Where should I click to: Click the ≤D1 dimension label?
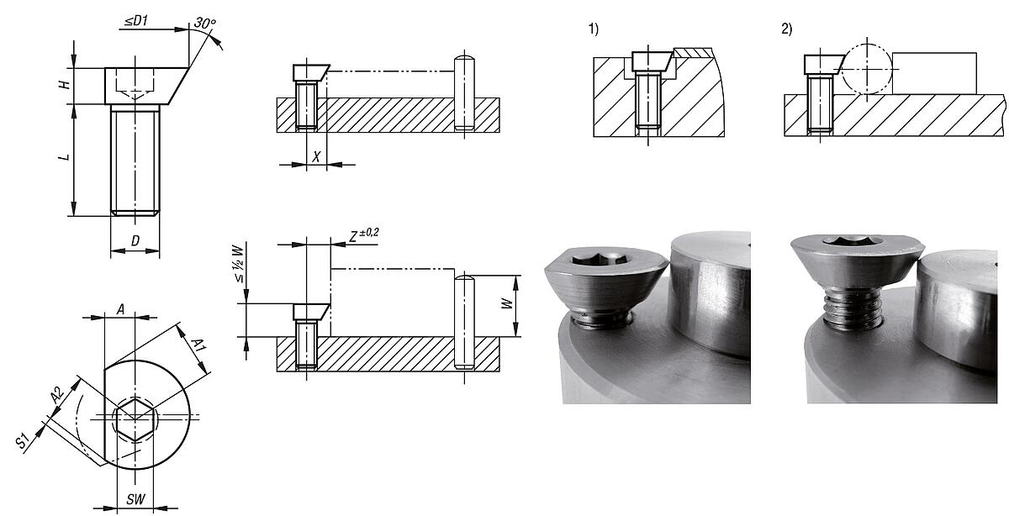point(135,20)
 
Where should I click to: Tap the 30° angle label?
point(203,24)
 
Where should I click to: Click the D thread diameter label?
point(135,242)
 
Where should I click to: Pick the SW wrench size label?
point(135,499)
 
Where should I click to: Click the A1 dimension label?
point(198,345)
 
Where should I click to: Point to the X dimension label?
point(316,156)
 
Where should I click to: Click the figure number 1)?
point(594,29)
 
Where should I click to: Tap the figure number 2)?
point(786,29)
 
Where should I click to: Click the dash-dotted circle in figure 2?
point(866,68)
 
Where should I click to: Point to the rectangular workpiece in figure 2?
point(934,73)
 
